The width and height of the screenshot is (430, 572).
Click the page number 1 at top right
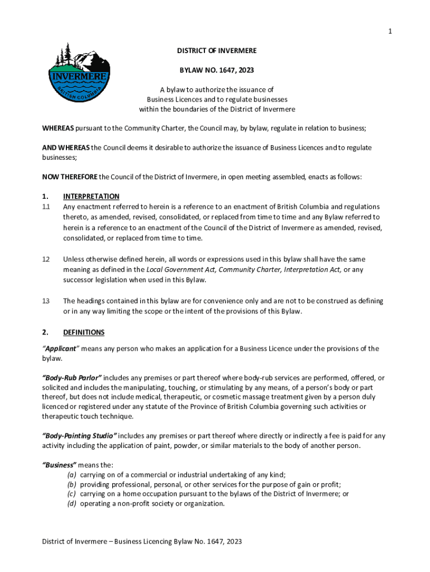390,31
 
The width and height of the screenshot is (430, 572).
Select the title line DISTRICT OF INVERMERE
217,51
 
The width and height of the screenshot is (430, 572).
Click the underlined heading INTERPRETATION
91,196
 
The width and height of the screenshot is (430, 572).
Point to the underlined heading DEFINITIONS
84,332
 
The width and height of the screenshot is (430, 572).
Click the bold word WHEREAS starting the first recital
58,128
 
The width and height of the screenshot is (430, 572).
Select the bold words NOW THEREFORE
70,177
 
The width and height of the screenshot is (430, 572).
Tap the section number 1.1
46,207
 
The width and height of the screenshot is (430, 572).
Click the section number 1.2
46,259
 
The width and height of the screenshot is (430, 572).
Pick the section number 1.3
46,301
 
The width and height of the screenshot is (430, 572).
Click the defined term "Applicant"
61,349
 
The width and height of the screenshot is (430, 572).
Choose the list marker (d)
71,504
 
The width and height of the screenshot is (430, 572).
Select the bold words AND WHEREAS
66,147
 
